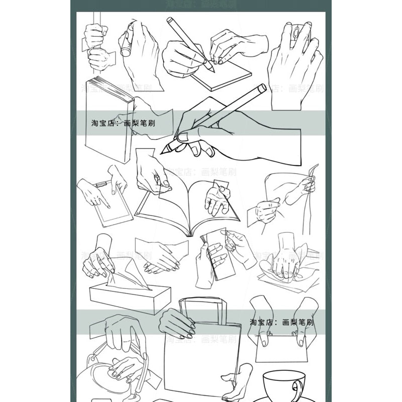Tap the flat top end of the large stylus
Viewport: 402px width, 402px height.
tap(262, 88)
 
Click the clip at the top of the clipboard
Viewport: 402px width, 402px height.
tap(104, 184)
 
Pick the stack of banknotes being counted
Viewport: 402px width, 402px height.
tap(216, 254)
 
